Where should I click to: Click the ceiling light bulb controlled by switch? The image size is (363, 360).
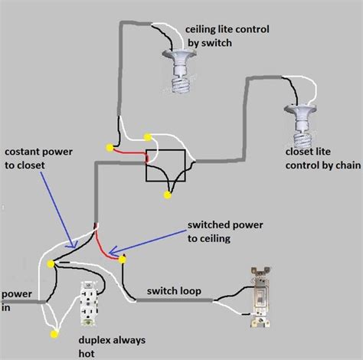[x=180, y=71]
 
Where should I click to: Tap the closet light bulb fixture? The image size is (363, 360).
[x=301, y=126]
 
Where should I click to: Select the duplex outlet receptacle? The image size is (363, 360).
[x=88, y=304]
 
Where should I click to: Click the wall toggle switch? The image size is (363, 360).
[x=260, y=297]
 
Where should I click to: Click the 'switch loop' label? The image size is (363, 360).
[x=174, y=291]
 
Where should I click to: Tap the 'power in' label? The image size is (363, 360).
[x=16, y=300]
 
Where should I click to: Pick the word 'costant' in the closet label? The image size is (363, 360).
[x=22, y=152]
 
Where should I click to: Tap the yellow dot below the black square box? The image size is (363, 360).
[x=168, y=195]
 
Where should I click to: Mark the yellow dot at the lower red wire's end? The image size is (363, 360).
[x=123, y=260]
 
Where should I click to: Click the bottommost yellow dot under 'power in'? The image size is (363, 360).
[x=54, y=334]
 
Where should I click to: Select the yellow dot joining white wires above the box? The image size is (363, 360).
[x=148, y=137]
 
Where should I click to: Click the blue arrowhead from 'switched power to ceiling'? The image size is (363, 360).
[x=113, y=250]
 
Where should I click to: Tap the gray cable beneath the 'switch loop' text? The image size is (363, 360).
[x=174, y=300]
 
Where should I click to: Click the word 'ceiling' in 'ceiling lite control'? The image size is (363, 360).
[x=201, y=29]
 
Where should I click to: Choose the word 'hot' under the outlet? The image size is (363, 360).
[x=87, y=354]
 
